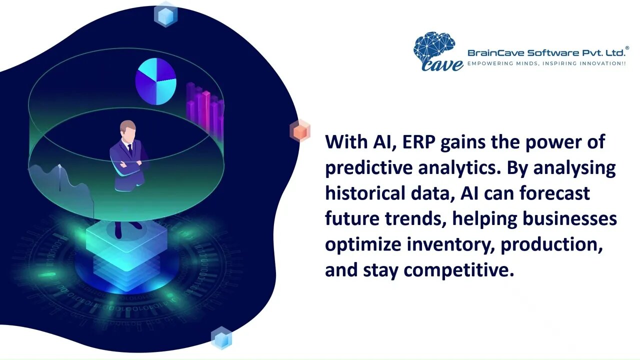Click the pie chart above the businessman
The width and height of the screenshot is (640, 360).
click(156, 81)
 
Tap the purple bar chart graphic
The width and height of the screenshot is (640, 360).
click(205, 107)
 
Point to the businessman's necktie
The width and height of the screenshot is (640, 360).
click(129, 149)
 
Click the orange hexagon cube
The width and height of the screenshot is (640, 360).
click(300, 131)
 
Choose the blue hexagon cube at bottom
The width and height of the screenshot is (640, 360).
click(221, 338)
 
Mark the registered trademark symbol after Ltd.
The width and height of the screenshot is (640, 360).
click(627, 48)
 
